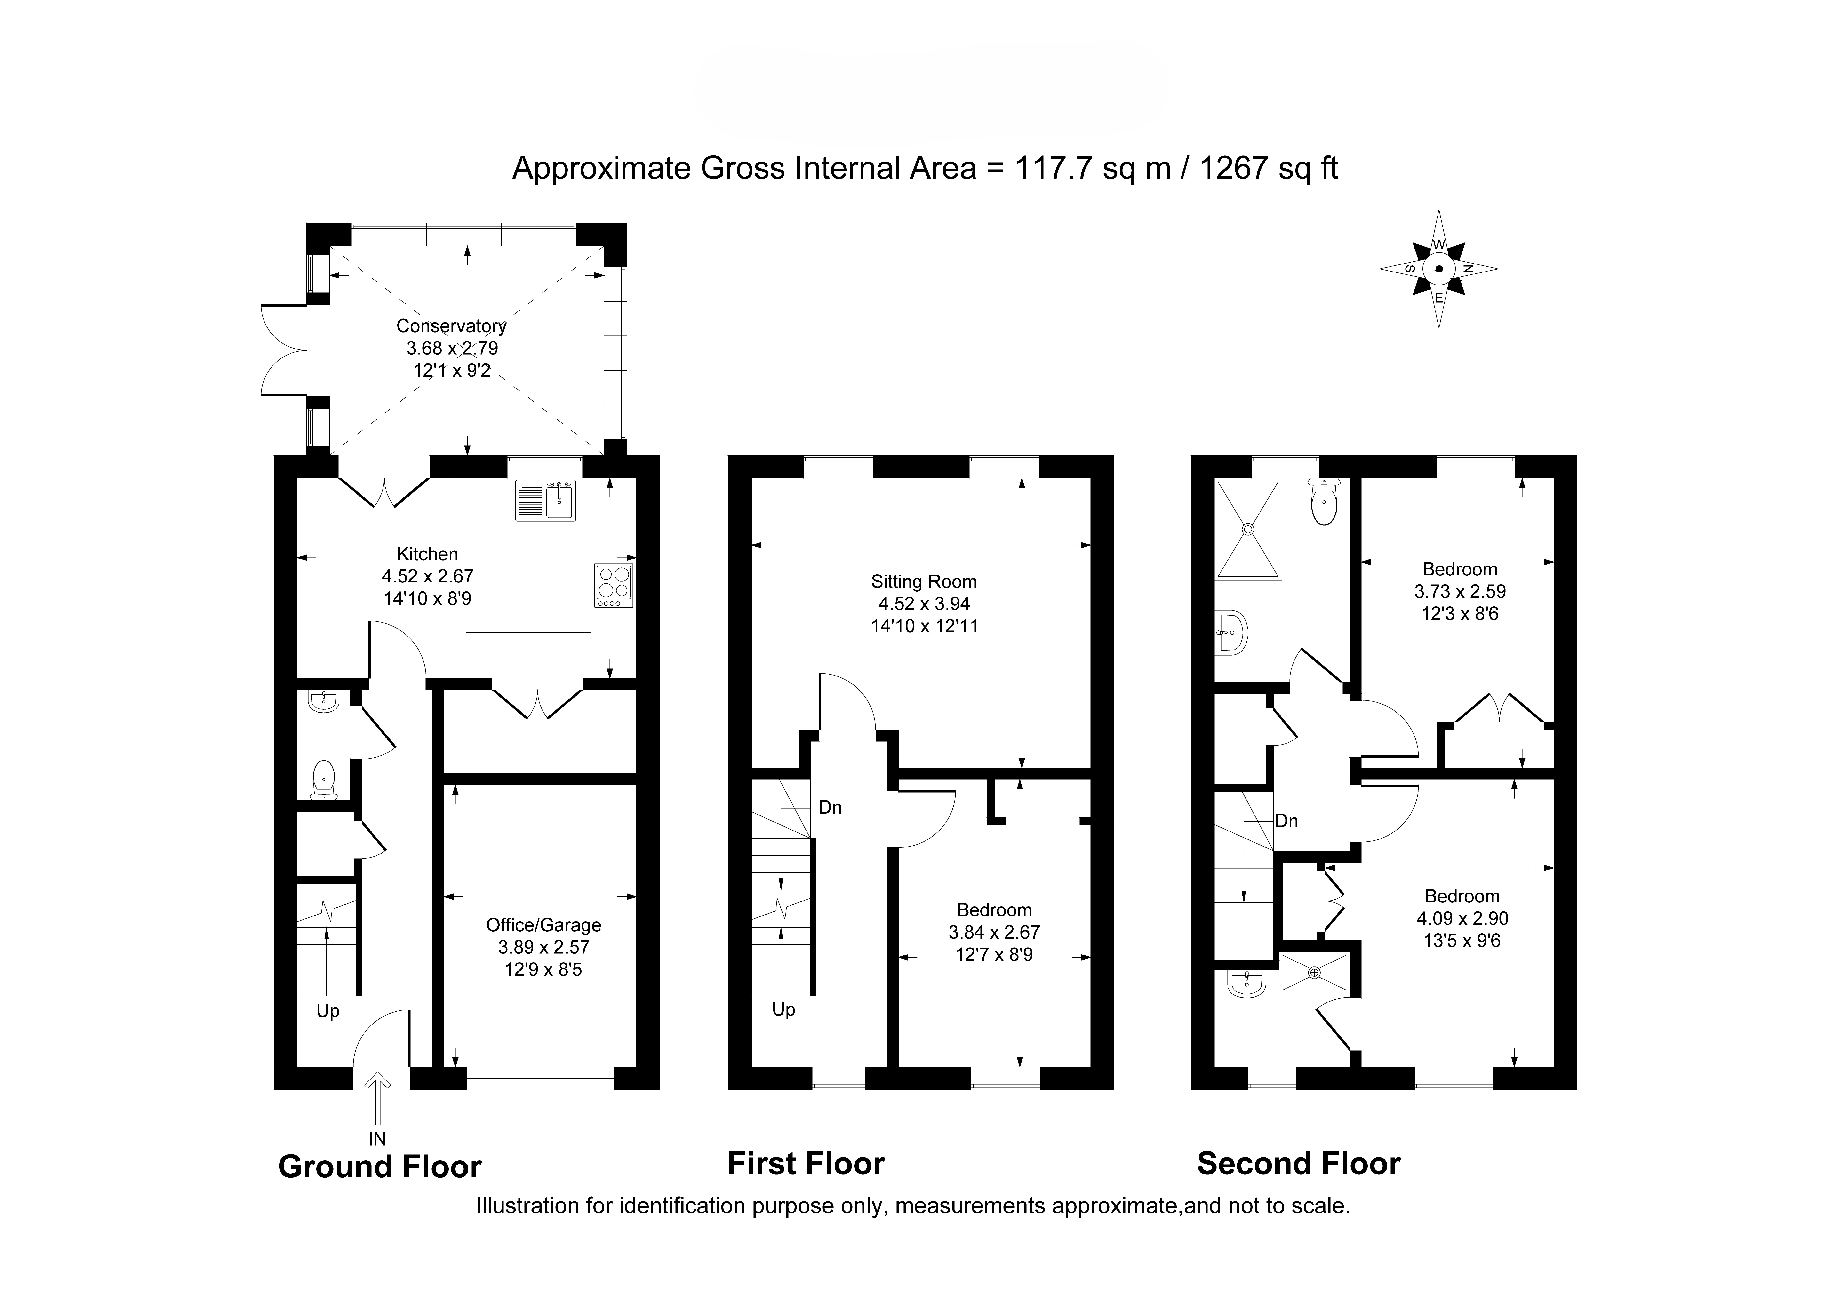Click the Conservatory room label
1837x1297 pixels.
click(x=451, y=326)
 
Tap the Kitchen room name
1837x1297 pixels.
click(x=427, y=554)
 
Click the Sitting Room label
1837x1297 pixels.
click(x=924, y=582)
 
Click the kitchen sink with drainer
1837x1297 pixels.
click(x=545, y=501)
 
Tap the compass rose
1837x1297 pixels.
click(x=1438, y=269)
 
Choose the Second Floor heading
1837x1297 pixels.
click(x=1299, y=1164)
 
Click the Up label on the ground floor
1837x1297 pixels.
click(x=328, y=1011)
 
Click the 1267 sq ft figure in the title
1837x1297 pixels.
click(x=1268, y=169)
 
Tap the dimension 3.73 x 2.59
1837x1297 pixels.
click(x=1460, y=592)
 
